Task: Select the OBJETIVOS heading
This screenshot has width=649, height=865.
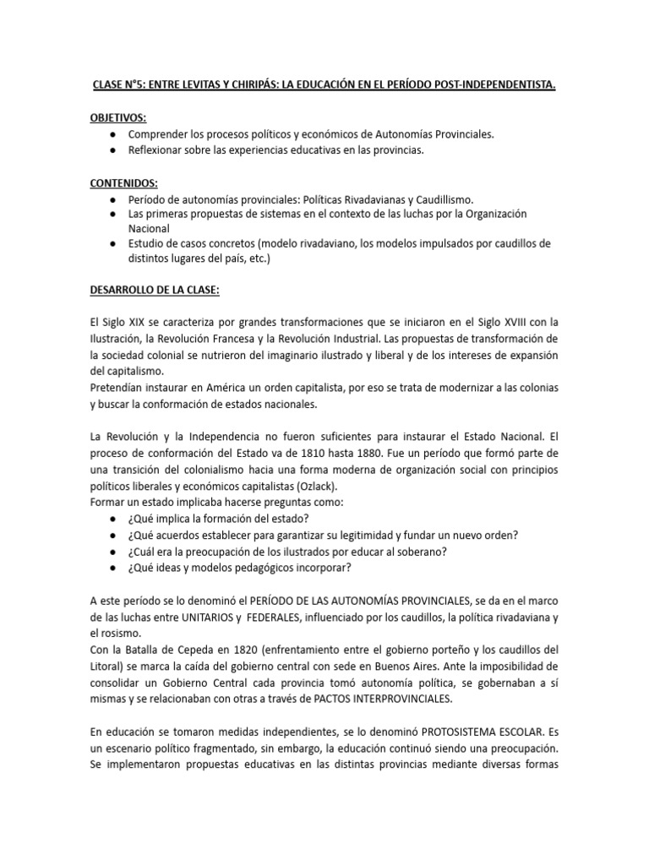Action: [x=117, y=119]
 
